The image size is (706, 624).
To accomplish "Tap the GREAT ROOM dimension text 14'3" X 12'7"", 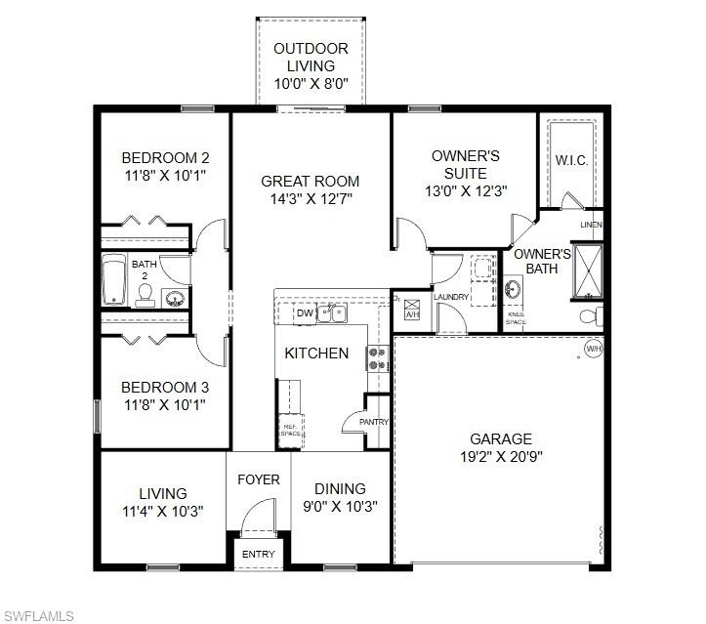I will click(x=310, y=199).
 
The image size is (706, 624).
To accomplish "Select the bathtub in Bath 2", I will click(x=114, y=280).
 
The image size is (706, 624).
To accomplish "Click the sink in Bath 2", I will click(x=175, y=298).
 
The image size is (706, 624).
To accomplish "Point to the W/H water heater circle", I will click(x=593, y=349).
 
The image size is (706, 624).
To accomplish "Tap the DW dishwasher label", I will click(x=305, y=313).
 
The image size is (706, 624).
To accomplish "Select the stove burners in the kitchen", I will click(x=378, y=358).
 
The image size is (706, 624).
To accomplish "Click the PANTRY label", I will click(x=374, y=422).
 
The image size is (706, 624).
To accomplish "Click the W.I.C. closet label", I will click(x=571, y=161).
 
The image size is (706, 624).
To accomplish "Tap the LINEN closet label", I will click(x=591, y=226).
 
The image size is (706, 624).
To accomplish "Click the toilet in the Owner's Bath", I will click(x=590, y=315).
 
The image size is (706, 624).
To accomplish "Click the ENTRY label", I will click(x=259, y=555).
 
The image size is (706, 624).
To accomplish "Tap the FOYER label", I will click(x=259, y=479).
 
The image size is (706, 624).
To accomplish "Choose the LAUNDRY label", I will click(x=451, y=297).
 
